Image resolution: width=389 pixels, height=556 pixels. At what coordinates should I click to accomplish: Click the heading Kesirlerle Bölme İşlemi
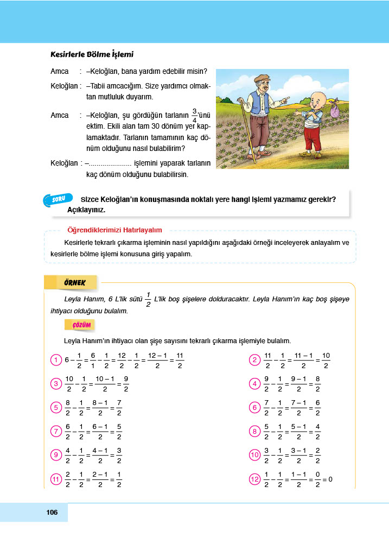pos(92,55)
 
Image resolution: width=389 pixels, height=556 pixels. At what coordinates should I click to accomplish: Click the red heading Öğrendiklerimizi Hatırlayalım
pos(114,230)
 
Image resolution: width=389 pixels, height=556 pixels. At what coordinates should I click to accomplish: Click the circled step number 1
pos(55,360)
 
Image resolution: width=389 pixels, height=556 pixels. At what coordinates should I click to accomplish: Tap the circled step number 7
pos(55,432)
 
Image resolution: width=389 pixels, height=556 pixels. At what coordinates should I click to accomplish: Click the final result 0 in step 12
pos(330,479)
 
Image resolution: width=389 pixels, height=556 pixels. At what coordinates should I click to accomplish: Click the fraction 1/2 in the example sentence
pos(148,299)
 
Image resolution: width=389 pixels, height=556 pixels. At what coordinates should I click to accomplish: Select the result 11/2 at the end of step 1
pos(180,360)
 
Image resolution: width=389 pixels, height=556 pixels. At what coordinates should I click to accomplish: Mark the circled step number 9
pos(55,456)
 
